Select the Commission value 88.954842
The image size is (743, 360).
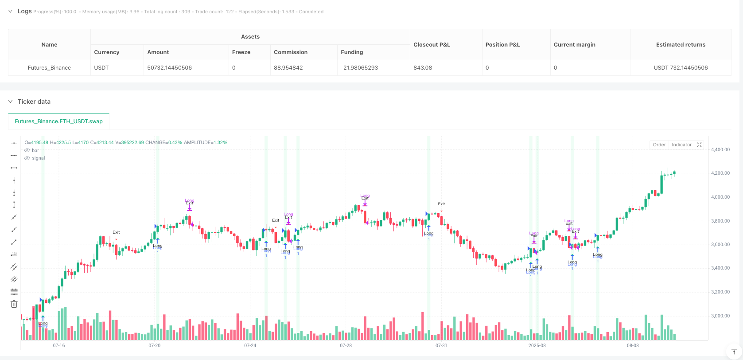coord(288,68)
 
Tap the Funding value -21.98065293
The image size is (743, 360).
coord(359,68)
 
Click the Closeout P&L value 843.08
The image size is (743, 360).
coord(423,68)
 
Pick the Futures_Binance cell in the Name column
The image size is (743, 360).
coord(49,68)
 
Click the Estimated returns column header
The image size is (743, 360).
coord(681,45)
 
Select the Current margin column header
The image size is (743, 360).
coord(574,45)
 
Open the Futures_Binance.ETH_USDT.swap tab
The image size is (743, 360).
coord(58,121)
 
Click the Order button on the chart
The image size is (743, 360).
coord(659,145)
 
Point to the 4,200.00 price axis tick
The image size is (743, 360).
coord(720,173)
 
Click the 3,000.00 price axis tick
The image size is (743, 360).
coord(720,316)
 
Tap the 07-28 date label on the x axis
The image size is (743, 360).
coord(346,345)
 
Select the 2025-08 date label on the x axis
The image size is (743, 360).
coord(537,345)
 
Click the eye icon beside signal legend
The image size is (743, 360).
coord(27,158)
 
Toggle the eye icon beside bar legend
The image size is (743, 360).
coord(27,151)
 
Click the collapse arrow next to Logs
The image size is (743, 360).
coord(10,12)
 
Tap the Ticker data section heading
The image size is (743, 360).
coord(34,102)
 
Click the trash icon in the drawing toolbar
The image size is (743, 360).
coord(14,304)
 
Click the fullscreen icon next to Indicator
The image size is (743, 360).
coord(699,145)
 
